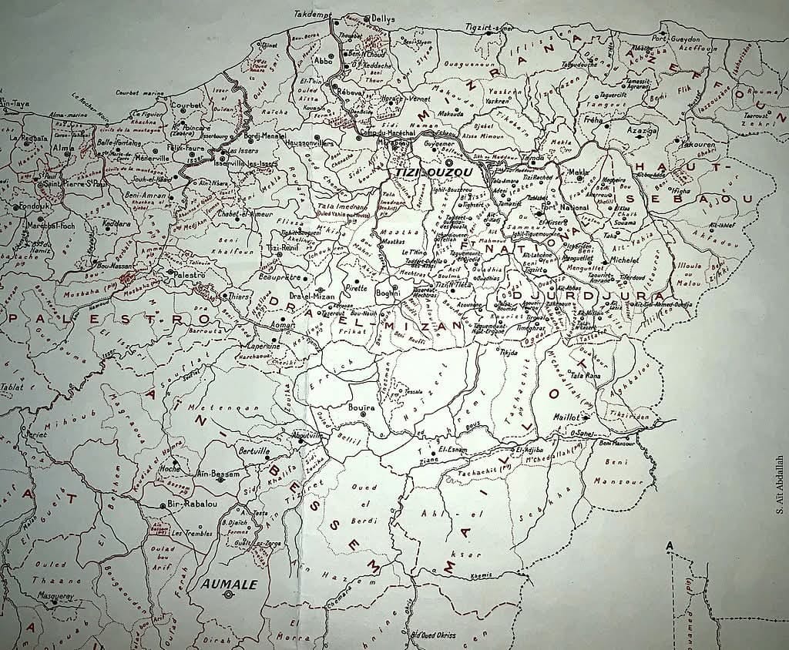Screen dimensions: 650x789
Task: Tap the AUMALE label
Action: point(229,584)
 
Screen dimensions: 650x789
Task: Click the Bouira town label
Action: point(361,405)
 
